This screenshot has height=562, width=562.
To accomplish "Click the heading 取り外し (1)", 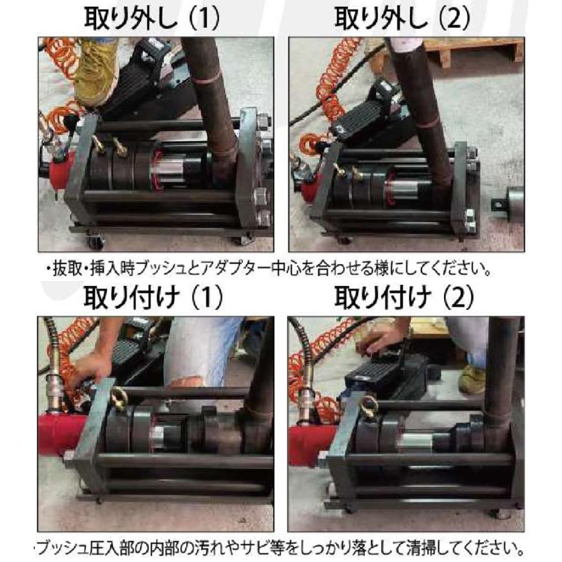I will point(152,19).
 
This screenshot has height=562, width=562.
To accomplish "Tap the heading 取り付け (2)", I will point(403,298).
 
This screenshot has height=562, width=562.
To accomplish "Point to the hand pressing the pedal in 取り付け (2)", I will point(383,340).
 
